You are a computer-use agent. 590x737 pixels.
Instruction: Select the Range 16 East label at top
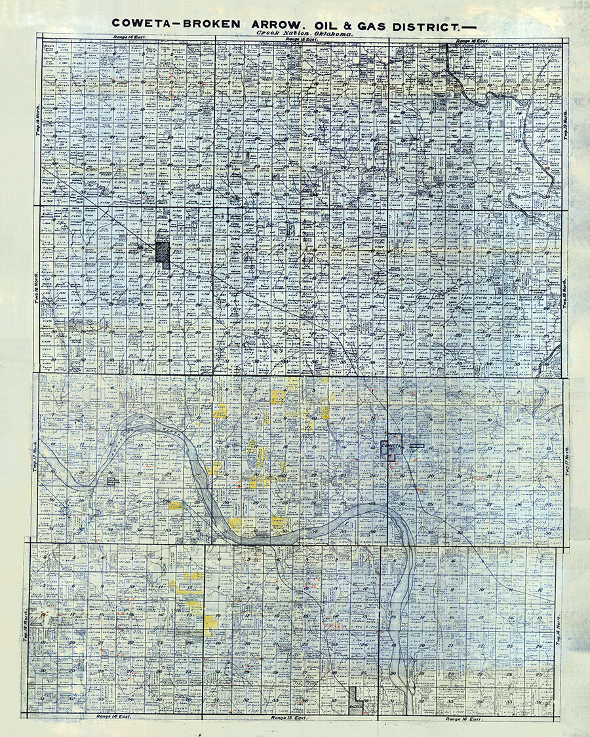coord(472,40)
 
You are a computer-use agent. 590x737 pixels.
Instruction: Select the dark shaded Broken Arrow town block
coord(163,254)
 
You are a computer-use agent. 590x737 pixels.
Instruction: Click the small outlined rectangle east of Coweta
coord(416,446)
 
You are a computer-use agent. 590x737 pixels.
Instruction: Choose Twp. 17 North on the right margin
coord(568,459)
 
